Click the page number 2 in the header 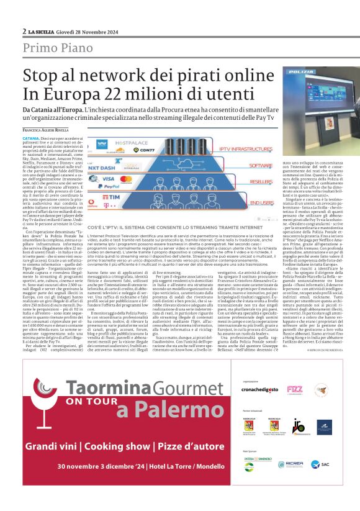coord(24,32)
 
